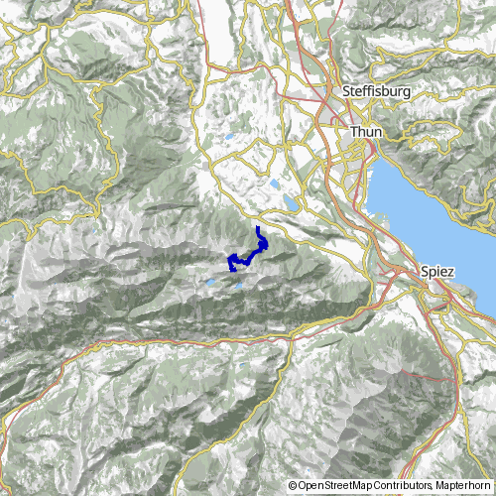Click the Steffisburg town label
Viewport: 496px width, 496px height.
click(375, 91)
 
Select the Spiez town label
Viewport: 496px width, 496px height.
click(436, 271)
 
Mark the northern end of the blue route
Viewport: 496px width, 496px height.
click(259, 229)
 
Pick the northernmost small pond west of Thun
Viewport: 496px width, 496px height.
click(231, 137)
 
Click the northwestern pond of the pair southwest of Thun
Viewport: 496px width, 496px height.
click(273, 184)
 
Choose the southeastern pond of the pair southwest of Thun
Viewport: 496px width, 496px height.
click(291, 202)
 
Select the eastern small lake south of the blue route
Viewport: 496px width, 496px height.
click(239, 288)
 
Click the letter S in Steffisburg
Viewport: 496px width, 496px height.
click(345, 91)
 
